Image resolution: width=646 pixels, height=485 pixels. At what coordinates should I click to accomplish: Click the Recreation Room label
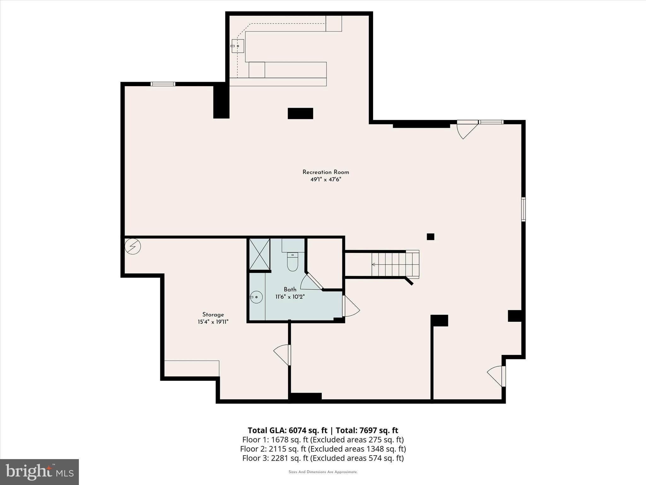pyautogui.click(x=326, y=172)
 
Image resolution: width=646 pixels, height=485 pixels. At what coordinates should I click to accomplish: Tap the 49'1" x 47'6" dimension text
pyautogui.click(x=326, y=180)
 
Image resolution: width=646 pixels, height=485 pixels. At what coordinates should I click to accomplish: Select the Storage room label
pyautogui.click(x=213, y=314)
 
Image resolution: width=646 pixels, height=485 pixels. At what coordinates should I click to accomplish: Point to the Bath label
pyautogui.click(x=290, y=289)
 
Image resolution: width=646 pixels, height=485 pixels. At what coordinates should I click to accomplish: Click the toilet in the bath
pyautogui.click(x=292, y=263)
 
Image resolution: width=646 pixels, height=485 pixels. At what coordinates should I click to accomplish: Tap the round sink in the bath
pyautogui.click(x=256, y=297)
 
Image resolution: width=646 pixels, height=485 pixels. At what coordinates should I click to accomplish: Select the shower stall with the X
pyautogui.click(x=260, y=254)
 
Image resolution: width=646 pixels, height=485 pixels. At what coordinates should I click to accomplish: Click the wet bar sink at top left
pyautogui.click(x=238, y=46)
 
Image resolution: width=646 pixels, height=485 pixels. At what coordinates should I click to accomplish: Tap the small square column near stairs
pyautogui.click(x=430, y=237)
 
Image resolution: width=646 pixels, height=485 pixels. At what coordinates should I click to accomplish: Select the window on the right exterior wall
pyautogui.click(x=523, y=209)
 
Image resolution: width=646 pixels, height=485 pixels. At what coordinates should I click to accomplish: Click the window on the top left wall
pyautogui.click(x=163, y=84)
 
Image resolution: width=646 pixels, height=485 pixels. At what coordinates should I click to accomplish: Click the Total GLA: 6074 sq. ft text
pyautogui.click(x=288, y=430)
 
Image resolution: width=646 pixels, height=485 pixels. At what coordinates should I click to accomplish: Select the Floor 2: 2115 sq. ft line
pyautogui.click(x=323, y=449)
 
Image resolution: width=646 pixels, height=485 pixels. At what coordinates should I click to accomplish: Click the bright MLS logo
pyautogui.click(x=39, y=472)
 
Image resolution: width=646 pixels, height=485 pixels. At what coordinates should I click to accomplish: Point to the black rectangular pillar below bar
pyautogui.click(x=300, y=113)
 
